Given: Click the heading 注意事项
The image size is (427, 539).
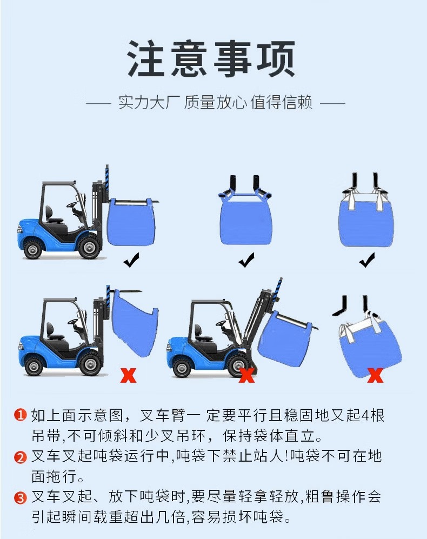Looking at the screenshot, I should [212, 59].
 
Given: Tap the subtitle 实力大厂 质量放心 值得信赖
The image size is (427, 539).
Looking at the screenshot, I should [215, 103].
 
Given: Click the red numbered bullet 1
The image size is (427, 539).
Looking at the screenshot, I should [20, 415].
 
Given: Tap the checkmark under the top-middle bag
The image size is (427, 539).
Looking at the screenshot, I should [246, 262].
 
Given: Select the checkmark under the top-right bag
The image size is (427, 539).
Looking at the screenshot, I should [367, 262].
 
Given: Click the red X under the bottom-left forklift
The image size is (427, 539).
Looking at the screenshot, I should [129, 374].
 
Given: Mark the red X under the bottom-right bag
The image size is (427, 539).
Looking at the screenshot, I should [375, 374].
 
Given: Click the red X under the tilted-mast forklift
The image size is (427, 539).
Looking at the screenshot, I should [247, 374].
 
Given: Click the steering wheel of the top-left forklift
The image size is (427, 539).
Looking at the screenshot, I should [72, 205].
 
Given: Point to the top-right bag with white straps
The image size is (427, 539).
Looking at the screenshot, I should [366, 221].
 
